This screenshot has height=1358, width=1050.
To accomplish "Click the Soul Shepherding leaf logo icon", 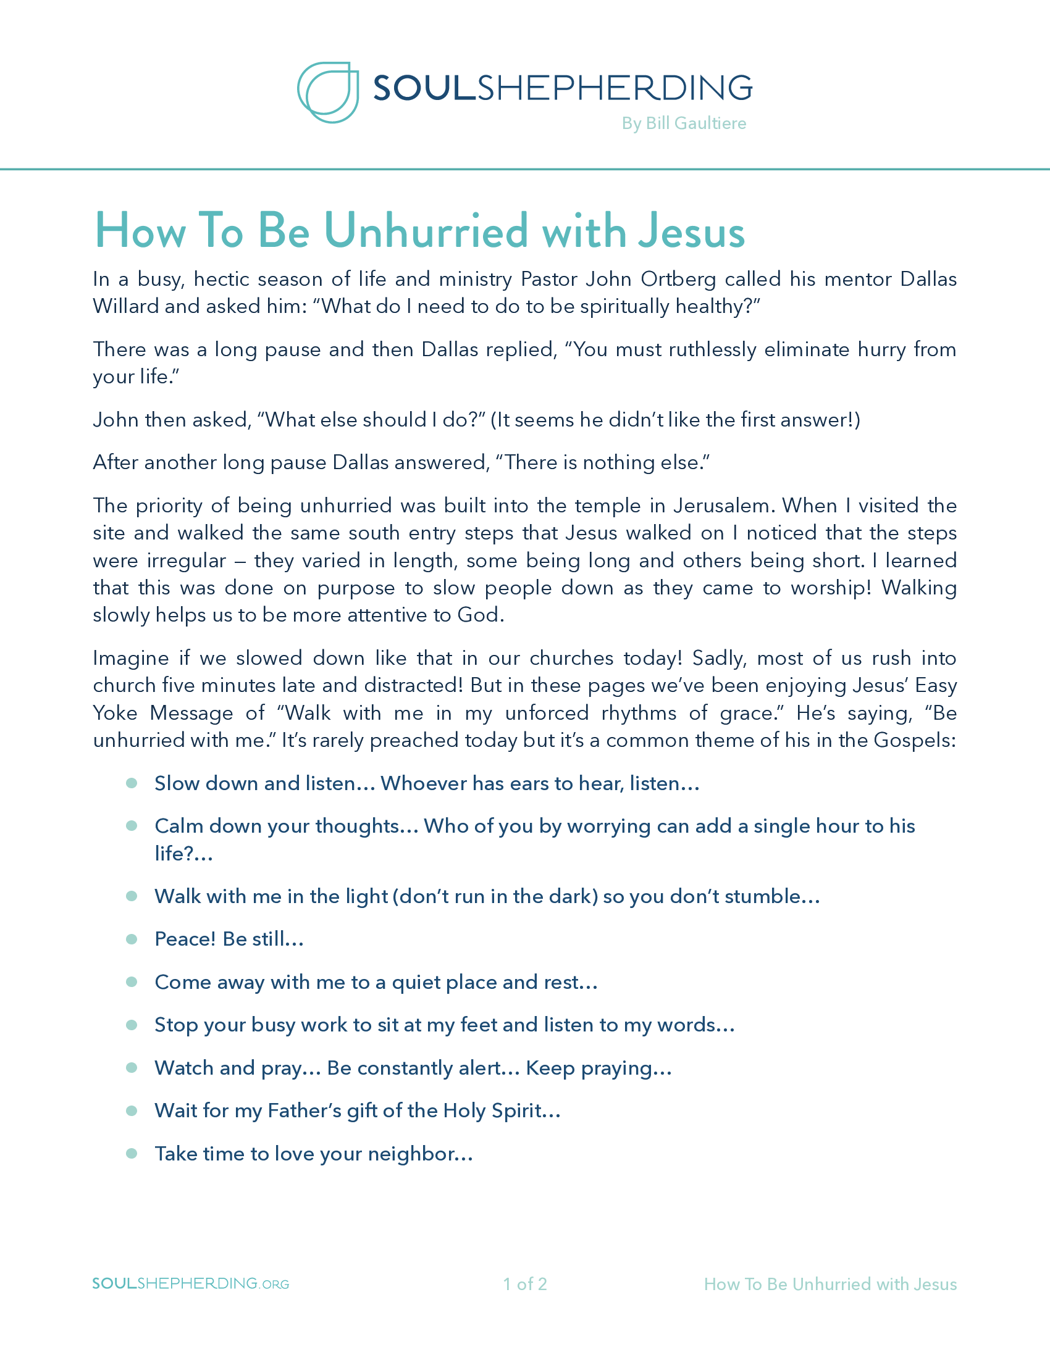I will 328,92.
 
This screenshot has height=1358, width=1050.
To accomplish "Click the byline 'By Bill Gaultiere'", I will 684,123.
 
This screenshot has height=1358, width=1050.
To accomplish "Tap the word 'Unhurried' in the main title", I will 426,231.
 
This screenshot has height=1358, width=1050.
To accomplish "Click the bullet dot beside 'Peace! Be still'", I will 131,939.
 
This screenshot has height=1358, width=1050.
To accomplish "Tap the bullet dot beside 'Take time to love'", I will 131,1154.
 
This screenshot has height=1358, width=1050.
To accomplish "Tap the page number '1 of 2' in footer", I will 525,1284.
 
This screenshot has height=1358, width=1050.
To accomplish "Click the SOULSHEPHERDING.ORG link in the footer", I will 190,1284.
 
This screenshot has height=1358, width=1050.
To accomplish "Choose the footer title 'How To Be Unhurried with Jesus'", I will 829,1284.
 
